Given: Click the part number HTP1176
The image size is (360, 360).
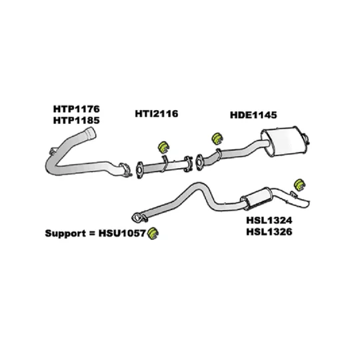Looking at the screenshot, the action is tap(77, 109).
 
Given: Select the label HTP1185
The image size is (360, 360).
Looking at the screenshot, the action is tap(77, 120).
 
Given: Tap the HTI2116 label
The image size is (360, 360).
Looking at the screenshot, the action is tap(157, 113).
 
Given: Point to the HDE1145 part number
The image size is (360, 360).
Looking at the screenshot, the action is tap(253, 115).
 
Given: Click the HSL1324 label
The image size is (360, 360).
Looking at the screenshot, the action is tap(269, 221).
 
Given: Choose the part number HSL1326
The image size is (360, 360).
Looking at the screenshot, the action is tap(269, 231).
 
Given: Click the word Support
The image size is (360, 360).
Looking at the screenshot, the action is tap(66, 233).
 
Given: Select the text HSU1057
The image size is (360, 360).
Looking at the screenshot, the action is tap(122, 233).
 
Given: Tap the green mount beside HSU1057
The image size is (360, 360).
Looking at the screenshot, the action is tap(153, 233).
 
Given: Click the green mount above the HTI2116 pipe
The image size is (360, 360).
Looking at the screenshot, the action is tap(163, 147).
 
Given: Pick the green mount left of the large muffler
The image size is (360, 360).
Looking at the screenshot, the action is tap(217, 139).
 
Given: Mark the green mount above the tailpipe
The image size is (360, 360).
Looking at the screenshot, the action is tap(299, 184).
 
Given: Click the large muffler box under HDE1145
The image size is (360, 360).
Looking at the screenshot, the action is tap(285, 141).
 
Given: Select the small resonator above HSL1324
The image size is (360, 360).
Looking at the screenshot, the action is tap(256, 199).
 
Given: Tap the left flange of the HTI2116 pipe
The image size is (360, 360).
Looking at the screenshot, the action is tap(139, 171).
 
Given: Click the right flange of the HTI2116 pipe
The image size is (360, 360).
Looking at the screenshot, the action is tap(189, 163).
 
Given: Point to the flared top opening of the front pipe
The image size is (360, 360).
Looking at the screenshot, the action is tap(90, 133).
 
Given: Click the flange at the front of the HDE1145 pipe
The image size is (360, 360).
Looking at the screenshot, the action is tap(199, 162).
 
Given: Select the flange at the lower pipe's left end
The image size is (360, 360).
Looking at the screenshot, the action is tap(137, 217).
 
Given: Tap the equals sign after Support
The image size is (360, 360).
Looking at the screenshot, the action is tap(92, 234).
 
